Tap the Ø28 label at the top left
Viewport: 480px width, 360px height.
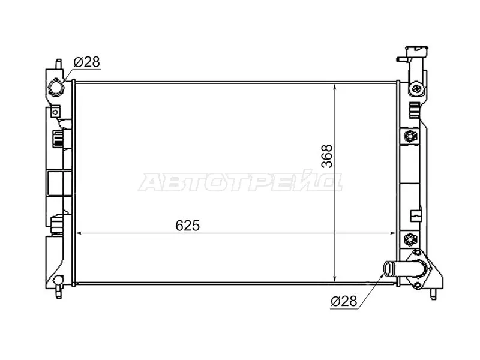86,62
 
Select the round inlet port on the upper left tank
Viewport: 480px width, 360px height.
56,88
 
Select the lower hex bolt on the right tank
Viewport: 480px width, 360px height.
411,239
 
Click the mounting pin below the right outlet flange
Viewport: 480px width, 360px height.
434,294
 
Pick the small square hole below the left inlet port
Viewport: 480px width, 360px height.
55,112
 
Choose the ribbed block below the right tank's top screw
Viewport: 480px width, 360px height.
413,110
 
